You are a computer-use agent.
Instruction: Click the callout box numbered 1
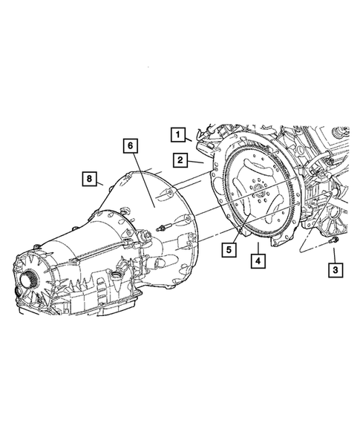click(177, 135)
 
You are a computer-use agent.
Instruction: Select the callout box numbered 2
click(180, 159)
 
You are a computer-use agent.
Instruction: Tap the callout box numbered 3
click(336, 271)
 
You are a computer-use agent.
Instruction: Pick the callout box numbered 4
click(256, 260)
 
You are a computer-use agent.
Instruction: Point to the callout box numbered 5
click(230, 250)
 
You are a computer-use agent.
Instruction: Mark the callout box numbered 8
click(89, 179)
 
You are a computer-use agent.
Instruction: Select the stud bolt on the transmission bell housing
click(163, 227)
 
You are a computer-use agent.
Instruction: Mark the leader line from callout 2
click(196, 160)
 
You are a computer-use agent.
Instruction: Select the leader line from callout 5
click(237, 237)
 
